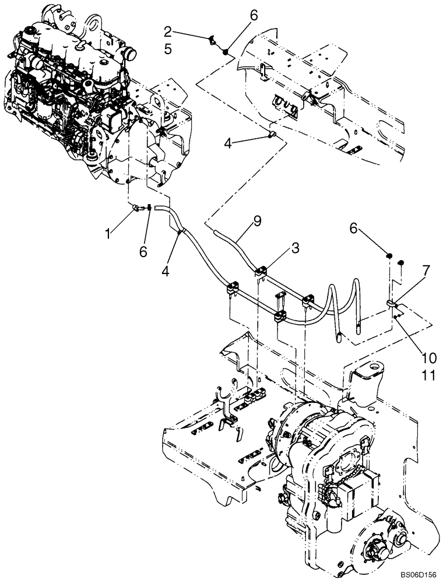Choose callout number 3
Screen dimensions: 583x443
point(296,248)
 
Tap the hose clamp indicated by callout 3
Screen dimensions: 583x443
point(261,270)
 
